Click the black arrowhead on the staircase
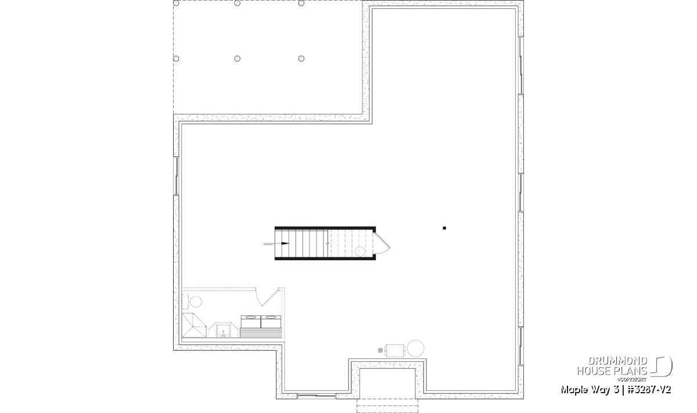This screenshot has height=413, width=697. click(285, 243)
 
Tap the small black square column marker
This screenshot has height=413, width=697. click(444, 228)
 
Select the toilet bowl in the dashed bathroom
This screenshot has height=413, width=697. click(196, 301)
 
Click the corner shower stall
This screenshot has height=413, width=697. click(194, 325)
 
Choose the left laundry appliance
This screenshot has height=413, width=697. click(251, 321)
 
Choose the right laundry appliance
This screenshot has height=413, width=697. click(271, 321)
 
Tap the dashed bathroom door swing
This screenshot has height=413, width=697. click(267, 297)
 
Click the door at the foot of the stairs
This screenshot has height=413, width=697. click(382, 243)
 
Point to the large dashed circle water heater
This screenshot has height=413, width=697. click(416, 349)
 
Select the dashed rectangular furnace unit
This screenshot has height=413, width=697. click(395, 350)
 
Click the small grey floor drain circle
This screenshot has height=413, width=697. click(380, 350)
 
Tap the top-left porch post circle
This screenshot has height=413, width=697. click(176, 3)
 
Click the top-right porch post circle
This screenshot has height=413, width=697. click(301, 3)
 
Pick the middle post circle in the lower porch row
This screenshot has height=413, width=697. click(237, 59)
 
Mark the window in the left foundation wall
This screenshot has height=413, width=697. click(177, 176)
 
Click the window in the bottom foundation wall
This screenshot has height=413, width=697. click(317, 396)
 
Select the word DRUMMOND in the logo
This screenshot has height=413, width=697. click(617, 361)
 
